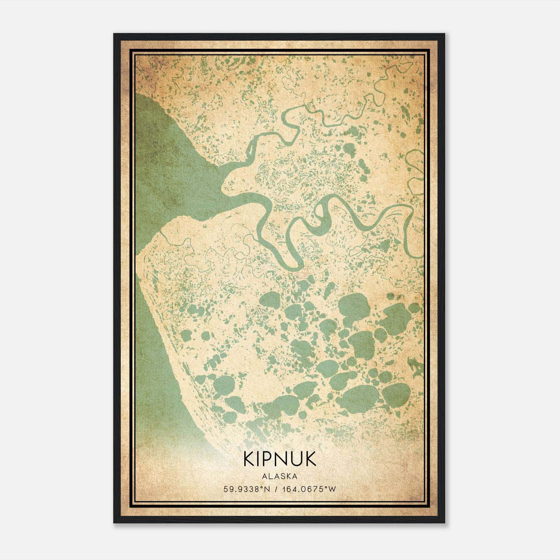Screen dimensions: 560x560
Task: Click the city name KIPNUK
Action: tap(280, 460)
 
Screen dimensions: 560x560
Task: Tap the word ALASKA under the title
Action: tap(280, 476)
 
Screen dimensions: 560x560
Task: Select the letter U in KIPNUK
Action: tap(297, 460)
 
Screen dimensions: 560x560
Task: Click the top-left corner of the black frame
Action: tap(114, 34)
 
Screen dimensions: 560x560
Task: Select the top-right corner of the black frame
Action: tap(444, 34)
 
